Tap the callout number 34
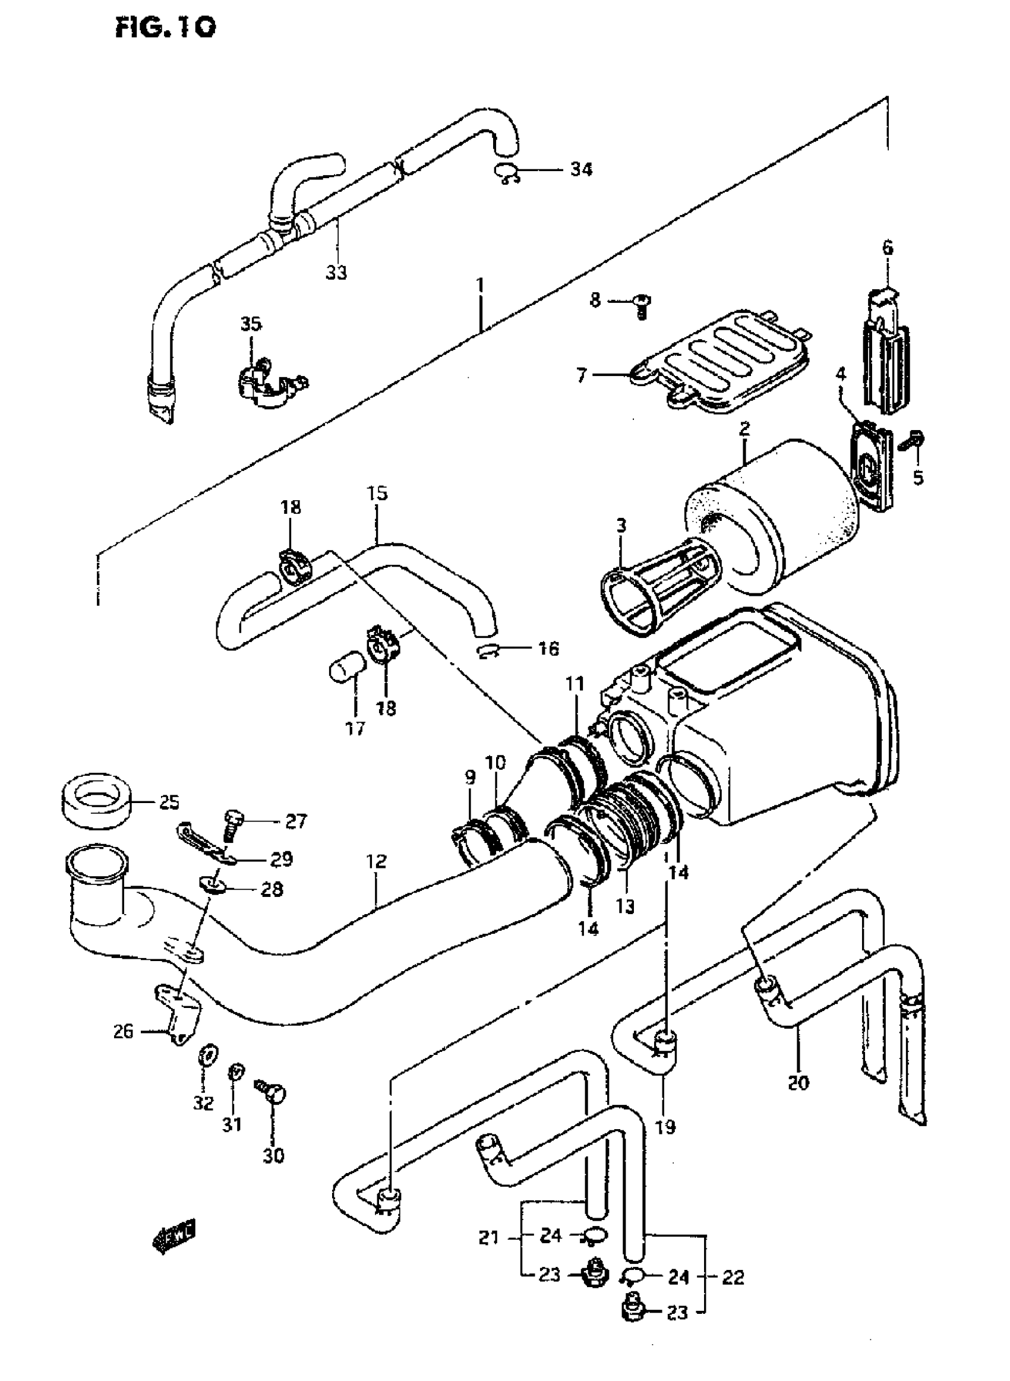[x=581, y=169]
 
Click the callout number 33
[x=336, y=272]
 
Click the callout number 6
[x=887, y=248]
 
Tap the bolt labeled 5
[x=914, y=441]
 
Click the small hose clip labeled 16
[x=488, y=650]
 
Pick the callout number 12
[x=377, y=862]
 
